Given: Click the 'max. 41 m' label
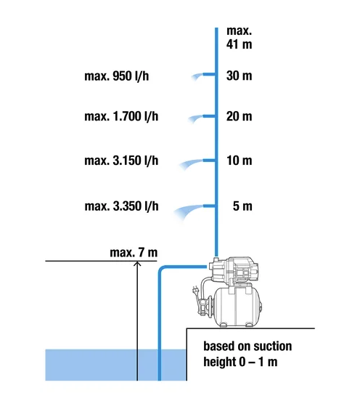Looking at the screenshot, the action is (239, 38).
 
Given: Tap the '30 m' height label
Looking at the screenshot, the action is (239, 76).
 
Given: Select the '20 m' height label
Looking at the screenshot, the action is (239, 116).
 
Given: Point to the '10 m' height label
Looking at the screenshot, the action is (239, 160).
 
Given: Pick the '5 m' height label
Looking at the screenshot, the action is (242, 206).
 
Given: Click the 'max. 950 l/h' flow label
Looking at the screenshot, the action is (117, 76).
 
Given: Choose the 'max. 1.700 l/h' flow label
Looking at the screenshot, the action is (121, 116).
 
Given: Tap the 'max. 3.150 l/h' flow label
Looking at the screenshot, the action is (121, 161).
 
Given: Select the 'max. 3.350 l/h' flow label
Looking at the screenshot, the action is (121, 206).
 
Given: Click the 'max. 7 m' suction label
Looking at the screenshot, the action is (134, 253).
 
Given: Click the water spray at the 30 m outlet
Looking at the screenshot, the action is (197, 77).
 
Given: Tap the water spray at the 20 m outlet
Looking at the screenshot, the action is (195, 118).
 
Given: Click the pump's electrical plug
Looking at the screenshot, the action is (195, 291).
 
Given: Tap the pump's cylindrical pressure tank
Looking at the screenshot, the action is (237, 307).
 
